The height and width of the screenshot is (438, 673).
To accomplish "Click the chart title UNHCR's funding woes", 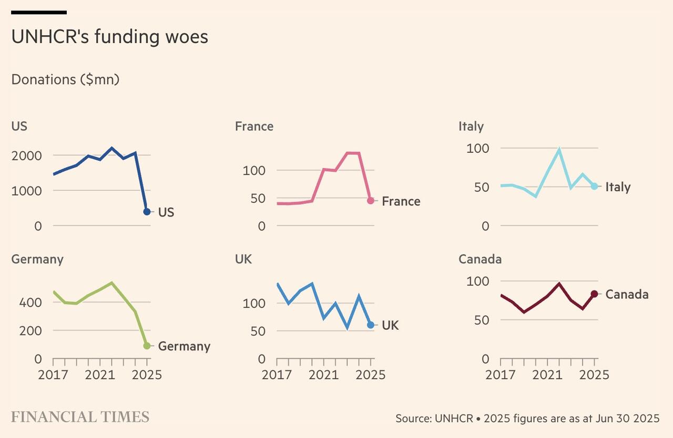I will [x=109, y=37].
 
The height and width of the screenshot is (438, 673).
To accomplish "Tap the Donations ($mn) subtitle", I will [x=65, y=79].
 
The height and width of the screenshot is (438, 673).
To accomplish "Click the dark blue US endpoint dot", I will [x=147, y=212].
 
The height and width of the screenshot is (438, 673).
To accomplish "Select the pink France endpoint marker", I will [x=371, y=201].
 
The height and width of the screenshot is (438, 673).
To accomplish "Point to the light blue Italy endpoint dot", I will [x=594, y=186].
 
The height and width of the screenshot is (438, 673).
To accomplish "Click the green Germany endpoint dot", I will [x=147, y=346].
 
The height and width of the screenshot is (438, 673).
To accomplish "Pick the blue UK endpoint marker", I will [x=371, y=325].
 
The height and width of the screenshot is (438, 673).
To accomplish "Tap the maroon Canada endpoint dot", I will [x=594, y=294].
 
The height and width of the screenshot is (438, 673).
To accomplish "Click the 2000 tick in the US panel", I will [x=26, y=155].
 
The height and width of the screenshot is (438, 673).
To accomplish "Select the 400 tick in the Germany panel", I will [x=30, y=303].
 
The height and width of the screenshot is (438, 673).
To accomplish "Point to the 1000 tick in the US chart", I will [x=26, y=191].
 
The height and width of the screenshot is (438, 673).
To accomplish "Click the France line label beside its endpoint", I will [x=401, y=201].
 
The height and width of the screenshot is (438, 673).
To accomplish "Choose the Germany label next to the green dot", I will [x=184, y=346].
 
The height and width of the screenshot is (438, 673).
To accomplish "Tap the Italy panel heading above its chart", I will [x=471, y=127].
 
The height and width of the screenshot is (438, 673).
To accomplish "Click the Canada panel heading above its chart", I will [x=480, y=259].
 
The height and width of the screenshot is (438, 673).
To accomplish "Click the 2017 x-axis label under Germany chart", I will [x=53, y=375].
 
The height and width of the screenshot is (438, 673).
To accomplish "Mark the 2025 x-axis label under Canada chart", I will [x=594, y=375].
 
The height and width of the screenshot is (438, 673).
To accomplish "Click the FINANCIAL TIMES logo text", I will [x=80, y=417].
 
